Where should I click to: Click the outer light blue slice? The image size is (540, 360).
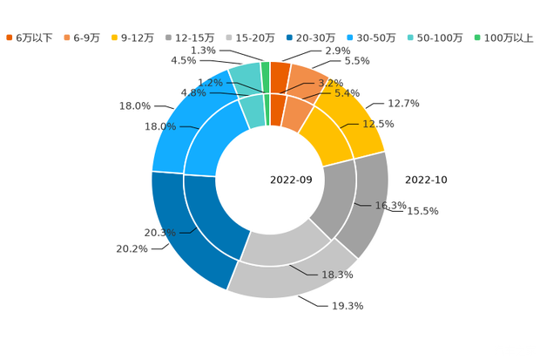coord(183,122)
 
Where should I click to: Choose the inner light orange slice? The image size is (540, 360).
coord(297,114)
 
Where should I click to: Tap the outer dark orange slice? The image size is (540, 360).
coord(280,73)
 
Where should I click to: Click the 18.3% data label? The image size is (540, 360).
coord(339,275)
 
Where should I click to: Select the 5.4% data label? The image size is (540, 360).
coord(348,92)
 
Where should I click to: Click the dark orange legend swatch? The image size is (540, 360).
coord(9,37)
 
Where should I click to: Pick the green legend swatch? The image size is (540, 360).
coord(477,37)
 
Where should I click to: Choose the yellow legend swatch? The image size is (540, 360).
coord(115,37)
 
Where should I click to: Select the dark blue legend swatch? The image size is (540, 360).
coord(289,37)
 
